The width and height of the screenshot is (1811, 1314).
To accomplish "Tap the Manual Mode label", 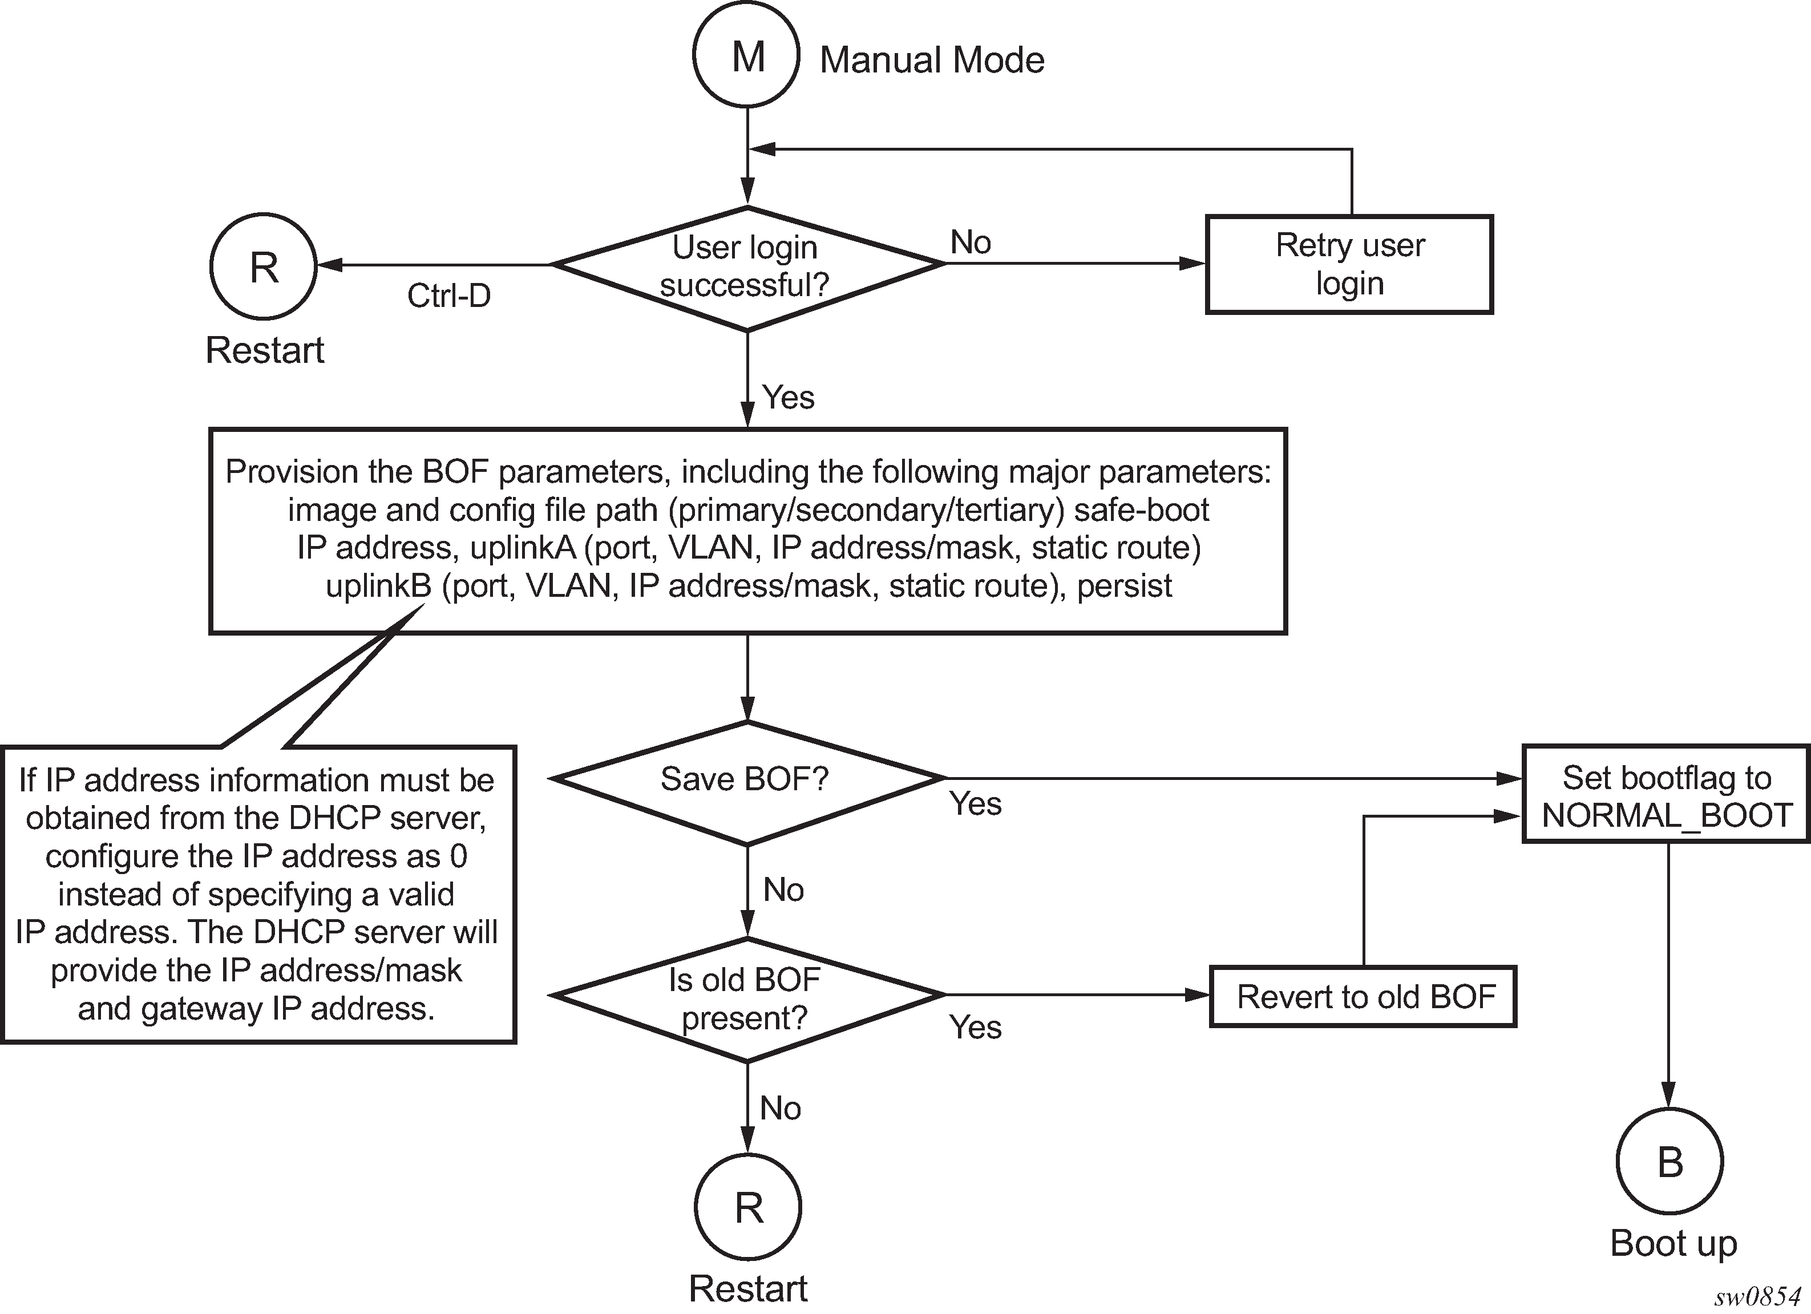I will pos(932,60).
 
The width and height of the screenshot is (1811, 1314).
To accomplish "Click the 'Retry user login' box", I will pos(1349,264).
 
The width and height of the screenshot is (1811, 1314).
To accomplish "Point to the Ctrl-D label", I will pos(449,296).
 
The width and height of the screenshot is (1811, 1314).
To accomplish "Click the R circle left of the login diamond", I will pos(264,266).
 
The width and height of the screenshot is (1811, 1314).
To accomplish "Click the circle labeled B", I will pos(1669,1162).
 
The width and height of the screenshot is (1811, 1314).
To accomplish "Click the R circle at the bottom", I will pos(748,1208).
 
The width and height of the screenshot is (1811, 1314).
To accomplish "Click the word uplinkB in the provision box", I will pos(378,587).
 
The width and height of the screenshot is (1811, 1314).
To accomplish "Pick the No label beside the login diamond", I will pos(970,242).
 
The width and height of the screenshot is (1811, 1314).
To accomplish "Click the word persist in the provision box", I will pos(1124,587).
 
